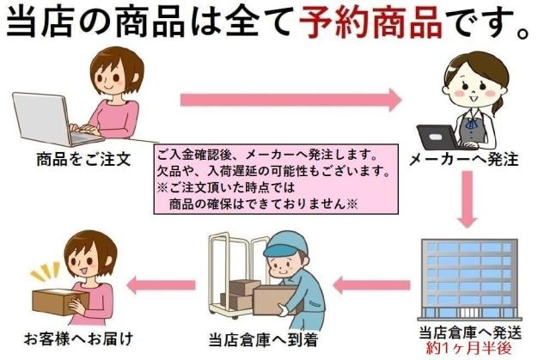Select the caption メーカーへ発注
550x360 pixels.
[x=463, y=160]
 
